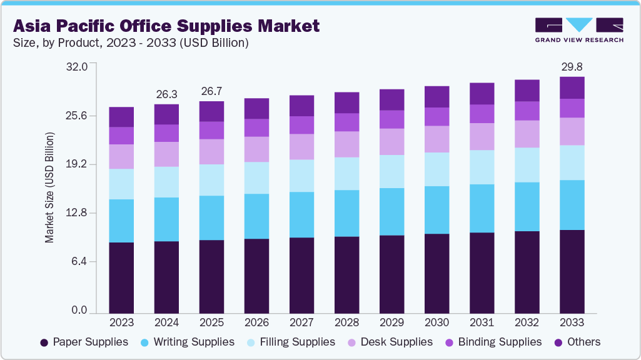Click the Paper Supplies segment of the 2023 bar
121,277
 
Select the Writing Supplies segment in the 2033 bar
572,205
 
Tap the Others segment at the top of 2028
346,102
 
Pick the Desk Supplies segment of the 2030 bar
437,139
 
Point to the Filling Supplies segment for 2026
256,177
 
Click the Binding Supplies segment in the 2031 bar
482,114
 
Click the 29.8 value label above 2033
572,66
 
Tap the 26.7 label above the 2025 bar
211,91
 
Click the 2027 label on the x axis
301,322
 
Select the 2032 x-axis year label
527,322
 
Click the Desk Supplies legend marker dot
351,342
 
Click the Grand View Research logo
578,29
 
